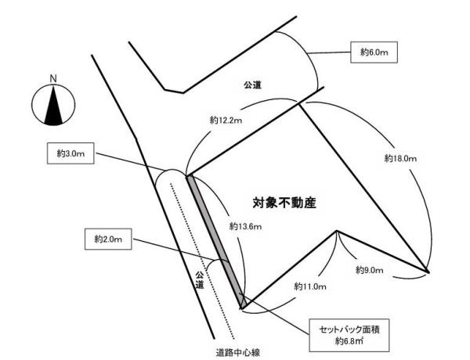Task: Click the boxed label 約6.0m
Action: click(x=374, y=52)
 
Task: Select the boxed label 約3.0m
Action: click(x=70, y=153)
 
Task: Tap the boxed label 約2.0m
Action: click(x=108, y=239)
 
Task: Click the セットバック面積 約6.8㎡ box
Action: click(x=349, y=335)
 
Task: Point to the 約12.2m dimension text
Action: click(x=226, y=121)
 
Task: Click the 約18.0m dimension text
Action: click(x=400, y=158)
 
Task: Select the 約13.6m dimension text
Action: click(x=245, y=226)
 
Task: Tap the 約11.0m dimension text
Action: click(x=310, y=286)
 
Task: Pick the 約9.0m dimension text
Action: click(x=369, y=270)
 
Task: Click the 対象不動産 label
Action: click(x=284, y=203)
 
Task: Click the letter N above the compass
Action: click(x=53, y=79)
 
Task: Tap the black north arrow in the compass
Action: click(x=53, y=105)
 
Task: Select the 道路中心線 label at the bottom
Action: click(x=237, y=352)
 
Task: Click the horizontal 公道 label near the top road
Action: click(x=252, y=85)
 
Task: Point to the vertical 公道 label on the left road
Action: click(x=200, y=279)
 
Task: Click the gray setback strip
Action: click(x=216, y=242)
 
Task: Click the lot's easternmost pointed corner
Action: click(x=428, y=272)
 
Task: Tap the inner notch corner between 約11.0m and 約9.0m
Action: click(x=337, y=231)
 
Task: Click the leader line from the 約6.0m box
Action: click(x=329, y=52)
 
